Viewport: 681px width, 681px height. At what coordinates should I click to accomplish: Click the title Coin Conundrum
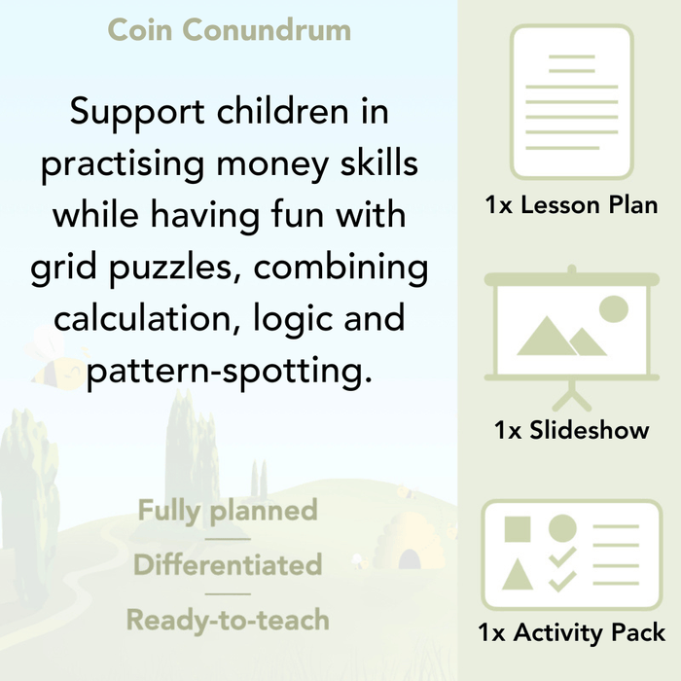(x=229, y=29)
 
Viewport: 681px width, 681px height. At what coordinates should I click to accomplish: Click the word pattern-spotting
(x=230, y=371)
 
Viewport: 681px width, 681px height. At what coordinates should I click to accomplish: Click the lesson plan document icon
(x=571, y=102)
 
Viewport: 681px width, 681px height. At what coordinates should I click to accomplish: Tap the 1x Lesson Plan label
(x=571, y=205)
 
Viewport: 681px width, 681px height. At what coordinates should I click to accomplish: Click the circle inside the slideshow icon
(x=614, y=310)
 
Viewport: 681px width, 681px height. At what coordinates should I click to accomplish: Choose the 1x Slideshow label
(x=571, y=430)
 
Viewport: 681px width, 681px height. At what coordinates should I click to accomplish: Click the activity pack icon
(x=571, y=556)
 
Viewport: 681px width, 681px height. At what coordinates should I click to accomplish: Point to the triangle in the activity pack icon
(x=519, y=575)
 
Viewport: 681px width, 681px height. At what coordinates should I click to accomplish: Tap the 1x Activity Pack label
(x=571, y=633)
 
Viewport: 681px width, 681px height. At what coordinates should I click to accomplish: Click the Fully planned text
(x=228, y=510)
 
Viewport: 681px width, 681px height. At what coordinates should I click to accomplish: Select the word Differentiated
(x=228, y=564)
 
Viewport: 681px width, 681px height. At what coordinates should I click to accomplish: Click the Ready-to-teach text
(x=228, y=619)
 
